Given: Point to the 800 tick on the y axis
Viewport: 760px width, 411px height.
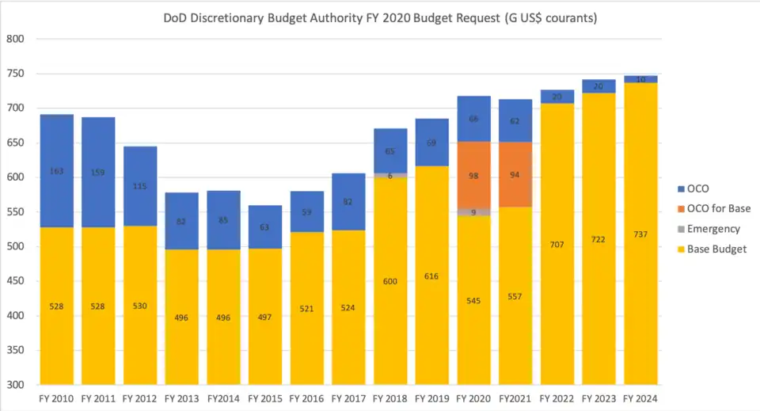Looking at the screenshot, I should click(x=17, y=39).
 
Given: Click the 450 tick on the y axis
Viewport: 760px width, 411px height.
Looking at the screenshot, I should click(x=17, y=281).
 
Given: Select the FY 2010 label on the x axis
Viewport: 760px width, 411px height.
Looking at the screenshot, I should click(x=57, y=398).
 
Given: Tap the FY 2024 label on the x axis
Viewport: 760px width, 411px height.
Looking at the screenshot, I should click(x=640, y=398).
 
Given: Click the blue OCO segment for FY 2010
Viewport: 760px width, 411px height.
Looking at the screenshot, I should click(x=57, y=171).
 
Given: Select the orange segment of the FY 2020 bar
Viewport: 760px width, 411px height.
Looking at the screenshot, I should click(x=473, y=176).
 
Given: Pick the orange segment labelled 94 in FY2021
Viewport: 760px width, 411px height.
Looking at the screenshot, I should click(x=515, y=174).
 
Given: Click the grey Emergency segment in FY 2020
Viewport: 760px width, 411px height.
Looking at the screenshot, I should click(x=473, y=212).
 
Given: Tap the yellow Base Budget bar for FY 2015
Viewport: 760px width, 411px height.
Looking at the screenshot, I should click(x=265, y=317).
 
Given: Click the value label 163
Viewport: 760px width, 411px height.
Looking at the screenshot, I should click(x=57, y=171).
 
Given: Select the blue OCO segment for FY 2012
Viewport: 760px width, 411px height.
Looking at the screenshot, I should click(x=140, y=186).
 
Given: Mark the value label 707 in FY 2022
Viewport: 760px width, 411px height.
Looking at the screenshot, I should click(x=557, y=245).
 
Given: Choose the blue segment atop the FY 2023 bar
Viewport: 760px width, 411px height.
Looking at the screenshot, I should click(x=598, y=86).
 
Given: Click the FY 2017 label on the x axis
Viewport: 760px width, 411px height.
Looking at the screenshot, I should click(x=348, y=398).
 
